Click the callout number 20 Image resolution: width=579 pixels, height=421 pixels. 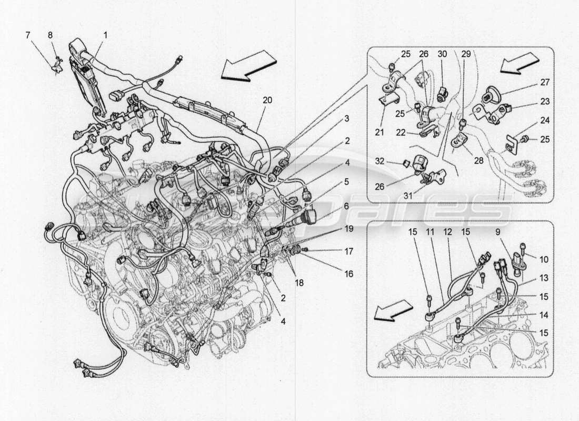[x=267, y=99]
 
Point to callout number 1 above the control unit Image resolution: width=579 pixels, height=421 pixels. [x=105, y=35]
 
